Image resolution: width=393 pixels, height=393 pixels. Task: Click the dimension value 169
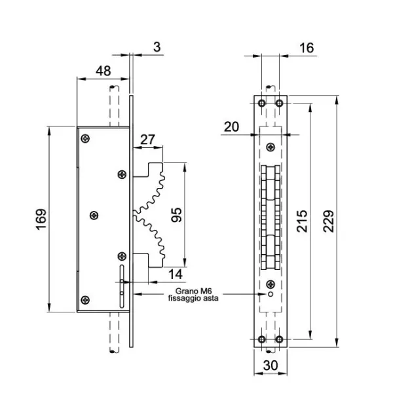click(41, 219)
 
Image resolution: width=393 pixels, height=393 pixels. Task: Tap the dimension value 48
click(103, 71)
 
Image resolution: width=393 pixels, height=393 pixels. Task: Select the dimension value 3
click(157, 47)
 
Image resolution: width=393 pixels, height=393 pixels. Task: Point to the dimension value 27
click(147, 140)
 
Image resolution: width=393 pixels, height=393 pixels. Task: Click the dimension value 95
click(176, 215)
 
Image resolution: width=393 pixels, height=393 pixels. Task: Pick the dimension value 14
click(176, 274)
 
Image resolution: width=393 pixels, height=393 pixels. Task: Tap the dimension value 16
click(307, 48)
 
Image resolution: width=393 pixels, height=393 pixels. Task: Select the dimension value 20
click(231, 127)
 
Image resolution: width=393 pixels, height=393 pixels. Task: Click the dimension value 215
click(302, 221)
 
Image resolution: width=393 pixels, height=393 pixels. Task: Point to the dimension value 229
click(329, 221)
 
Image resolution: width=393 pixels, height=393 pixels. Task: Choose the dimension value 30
click(271, 365)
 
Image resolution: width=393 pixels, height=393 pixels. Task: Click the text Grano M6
click(193, 291)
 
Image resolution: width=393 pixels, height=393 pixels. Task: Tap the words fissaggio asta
click(193, 298)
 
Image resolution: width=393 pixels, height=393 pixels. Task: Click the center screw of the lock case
click(94, 215)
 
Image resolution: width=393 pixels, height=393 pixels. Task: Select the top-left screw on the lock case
click(85, 138)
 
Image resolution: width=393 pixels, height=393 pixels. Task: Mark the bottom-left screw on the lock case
click(85, 300)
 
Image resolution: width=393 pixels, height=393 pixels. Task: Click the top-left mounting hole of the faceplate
click(261, 103)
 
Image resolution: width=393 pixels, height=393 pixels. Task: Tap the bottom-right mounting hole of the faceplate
click(279, 339)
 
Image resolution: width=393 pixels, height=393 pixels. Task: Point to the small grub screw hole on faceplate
click(271, 294)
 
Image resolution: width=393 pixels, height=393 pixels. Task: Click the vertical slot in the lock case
click(122, 286)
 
